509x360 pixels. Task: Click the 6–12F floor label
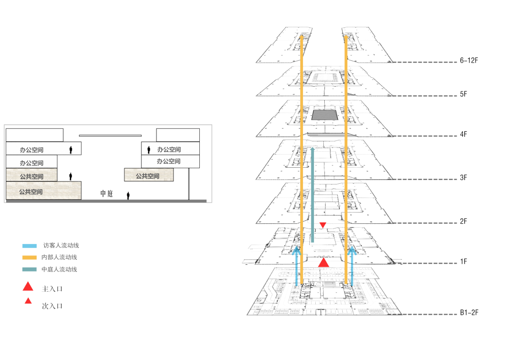click(x=469, y=61)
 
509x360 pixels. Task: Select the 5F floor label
click(x=464, y=94)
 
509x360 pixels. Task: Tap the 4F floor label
click(x=464, y=134)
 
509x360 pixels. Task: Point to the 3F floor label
click(x=464, y=178)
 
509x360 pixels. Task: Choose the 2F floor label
click(x=464, y=221)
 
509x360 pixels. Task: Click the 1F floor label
click(x=464, y=262)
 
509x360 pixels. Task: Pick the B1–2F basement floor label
click(x=469, y=312)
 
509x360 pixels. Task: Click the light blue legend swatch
click(x=30, y=245)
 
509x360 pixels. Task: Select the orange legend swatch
click(x=30, y=257)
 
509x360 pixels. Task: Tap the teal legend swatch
click(x=30, y=270)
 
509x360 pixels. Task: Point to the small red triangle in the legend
click(x=28, y=301)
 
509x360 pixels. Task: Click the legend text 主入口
click(x=52, y=289)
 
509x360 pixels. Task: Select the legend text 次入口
click(x=52, y=306)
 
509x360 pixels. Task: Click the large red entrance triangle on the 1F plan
click(x=323, y=263)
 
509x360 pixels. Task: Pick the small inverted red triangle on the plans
click(x=323, y=225)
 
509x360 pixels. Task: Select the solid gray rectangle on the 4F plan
click(x=325, y=114)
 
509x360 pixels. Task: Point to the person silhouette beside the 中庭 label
click(x=128, y=195)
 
